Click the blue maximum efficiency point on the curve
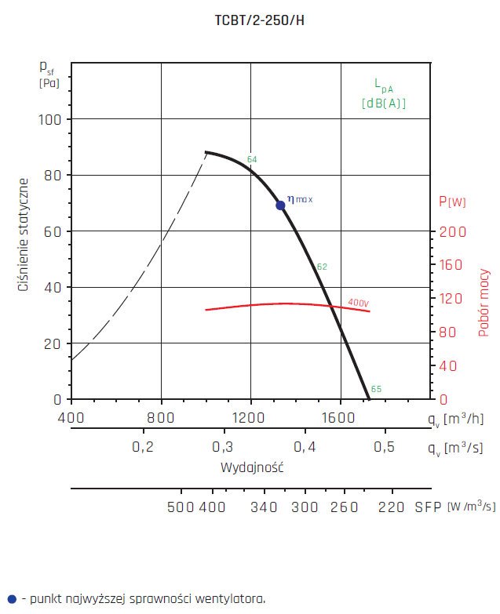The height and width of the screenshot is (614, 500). click(280, 205)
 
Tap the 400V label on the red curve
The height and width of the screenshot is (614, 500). click(358, 303)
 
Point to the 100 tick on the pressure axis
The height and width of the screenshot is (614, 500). click(50, 119)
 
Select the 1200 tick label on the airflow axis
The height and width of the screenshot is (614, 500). click(250, 418)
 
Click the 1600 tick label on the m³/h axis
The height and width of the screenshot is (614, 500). click(340, 418)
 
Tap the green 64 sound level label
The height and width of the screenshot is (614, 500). click(252, 160)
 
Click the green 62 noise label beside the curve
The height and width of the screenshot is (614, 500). click(322, 267)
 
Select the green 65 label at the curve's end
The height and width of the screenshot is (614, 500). click(376, 390)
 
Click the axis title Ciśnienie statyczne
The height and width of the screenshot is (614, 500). click(24, 235)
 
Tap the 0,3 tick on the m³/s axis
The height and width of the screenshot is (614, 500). click(223, 447)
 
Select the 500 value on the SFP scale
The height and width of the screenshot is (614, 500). click(181, 507)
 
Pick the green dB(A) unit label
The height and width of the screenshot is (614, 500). click(384, 103)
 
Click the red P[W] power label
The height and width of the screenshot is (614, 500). click(452, 202)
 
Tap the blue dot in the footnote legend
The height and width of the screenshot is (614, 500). click(11, 598)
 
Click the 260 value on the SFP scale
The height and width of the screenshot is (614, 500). click(343, 507)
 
